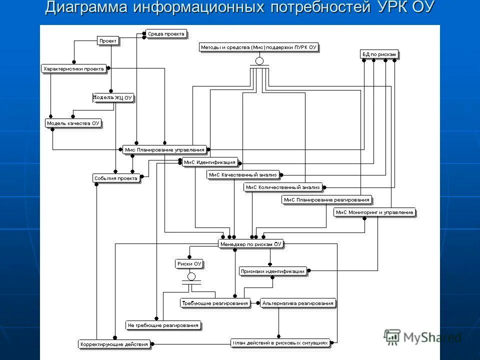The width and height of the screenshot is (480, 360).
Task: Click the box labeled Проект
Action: pyautogui.click(x=107, y=41)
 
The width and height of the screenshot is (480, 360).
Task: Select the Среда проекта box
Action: pyautogui.click(x=166, y=34)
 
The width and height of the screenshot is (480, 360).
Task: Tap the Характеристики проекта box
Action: pyautogui.click(x=73, y=69)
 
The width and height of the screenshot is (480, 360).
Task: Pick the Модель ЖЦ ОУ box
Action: pyautogui.click(x=113, y=97)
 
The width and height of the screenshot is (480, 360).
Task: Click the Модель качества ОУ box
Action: pyautogui.click(x=73, y=123)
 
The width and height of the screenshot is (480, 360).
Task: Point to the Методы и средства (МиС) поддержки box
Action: pyautogui.click(x=259, y=47)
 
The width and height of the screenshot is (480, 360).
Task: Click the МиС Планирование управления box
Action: pyautogui.click(x=164, y=149)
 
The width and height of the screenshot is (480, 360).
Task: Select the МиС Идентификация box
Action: pyautogui.click(x=209, y=162)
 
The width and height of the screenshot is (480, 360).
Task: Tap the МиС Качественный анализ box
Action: pyautogui.click(x=243, y=175)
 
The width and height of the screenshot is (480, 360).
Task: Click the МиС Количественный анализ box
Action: pyautogui.click(x=282, y=187)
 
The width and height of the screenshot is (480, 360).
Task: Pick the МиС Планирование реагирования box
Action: pyautogui.click(x=326, y=200)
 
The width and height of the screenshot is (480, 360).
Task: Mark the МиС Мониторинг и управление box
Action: pyautogui.click(x=374, y=212)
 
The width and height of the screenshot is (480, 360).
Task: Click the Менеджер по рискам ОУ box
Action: pyautogui.click(x=251, y=244)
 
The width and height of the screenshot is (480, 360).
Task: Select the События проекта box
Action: pyautogui.click(x=115, y=178)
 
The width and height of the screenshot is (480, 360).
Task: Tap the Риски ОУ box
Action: pyautogui.click(x=189, y=263)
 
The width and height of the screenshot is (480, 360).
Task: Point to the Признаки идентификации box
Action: pyautogui.click(x=272, y=271)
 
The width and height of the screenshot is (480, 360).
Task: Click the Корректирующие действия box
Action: pyautogui.click(x=114, y=344)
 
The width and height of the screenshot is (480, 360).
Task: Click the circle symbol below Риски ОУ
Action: pyautogui.click(x=191, y=276)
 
